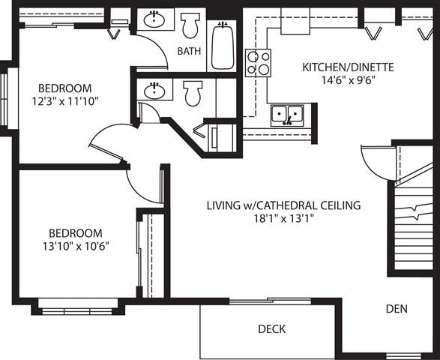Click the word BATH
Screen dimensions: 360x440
point(189,52)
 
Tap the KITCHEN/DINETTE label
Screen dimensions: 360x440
point(348,67)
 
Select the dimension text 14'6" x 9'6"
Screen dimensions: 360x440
point(348,80)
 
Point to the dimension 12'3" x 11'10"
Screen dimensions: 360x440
point(65,100)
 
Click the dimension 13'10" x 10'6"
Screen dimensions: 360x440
point(76,245)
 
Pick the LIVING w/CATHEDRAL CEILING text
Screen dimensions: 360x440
point(284,205)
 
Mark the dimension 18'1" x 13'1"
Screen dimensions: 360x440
point(284,218)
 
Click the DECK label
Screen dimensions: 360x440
point(271,329)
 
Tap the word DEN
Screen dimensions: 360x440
point(397,308)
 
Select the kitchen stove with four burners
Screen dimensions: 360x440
point(258,62)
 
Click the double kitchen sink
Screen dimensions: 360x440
point(287,115)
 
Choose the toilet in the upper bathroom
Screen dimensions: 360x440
point(190,25)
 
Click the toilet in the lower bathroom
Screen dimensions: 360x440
point(193,94)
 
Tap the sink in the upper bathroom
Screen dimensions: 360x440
point(155,20)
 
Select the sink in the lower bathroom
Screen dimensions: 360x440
point(155,91)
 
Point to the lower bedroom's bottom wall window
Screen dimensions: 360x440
point(78,304)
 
